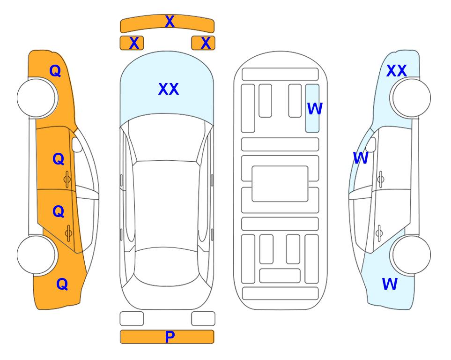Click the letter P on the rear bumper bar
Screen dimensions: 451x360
(170, 337)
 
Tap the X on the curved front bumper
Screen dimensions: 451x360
(170, 22)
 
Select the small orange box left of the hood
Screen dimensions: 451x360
(132, 43)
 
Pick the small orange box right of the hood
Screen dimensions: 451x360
(203, 43)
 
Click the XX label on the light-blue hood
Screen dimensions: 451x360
(169, 89)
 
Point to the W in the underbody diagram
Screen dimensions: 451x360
(315, 109)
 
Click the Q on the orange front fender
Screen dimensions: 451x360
(55, 71)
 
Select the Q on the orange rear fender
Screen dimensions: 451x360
(62, 284)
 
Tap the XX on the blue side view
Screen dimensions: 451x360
(397, 71)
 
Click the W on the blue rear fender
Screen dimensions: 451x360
(390, 284)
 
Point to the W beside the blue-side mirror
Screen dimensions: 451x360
(361, 158)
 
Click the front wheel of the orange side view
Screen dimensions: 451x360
(37, 98)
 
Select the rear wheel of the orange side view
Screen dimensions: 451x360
(37, 255)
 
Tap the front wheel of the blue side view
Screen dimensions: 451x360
(411, 98)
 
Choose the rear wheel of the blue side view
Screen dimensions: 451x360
(411, 255)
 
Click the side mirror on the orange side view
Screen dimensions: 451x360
(77, 144)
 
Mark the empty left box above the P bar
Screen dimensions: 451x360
(132, 319)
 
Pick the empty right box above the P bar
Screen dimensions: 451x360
(203, 319)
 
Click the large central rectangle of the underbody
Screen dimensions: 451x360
(280, 184)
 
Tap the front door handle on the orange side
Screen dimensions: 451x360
(67, 180)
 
